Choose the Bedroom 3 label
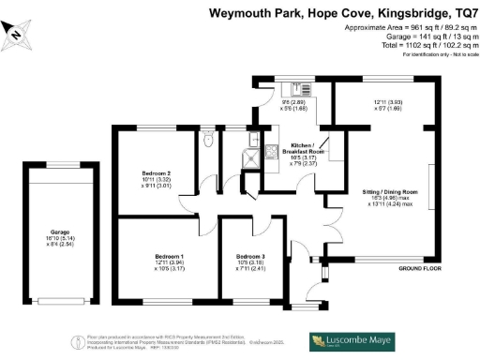point(249,257)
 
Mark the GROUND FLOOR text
point(419,269)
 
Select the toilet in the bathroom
point(208,142)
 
